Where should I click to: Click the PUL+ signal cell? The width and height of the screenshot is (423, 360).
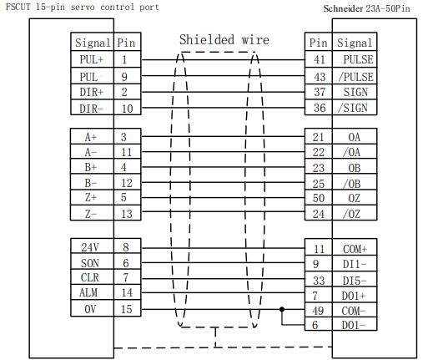point(92,59)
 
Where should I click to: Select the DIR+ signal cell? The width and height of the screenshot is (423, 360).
point(92,92)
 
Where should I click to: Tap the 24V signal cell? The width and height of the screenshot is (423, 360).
point(92,246)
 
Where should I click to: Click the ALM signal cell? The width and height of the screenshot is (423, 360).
point(92,292)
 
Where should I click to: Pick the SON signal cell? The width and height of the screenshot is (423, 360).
point(92,261)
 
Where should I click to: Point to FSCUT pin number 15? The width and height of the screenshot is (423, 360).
point(127,308)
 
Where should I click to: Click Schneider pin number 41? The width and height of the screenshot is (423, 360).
point(319,59)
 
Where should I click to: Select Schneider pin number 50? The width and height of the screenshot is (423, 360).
point(319,198)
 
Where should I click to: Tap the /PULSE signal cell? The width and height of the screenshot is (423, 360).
point(355,76)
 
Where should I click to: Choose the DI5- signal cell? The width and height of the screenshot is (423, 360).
point(355,279)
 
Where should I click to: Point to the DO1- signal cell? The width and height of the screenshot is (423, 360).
point(355,325)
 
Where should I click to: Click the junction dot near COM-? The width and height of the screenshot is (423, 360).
point(282,309)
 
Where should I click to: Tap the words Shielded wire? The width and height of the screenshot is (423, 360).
point(224,40)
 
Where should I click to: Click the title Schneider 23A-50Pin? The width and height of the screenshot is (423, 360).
point(366,8)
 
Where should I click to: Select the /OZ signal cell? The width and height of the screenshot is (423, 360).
point(355,213)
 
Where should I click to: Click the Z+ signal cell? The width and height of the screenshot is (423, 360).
point(92,198)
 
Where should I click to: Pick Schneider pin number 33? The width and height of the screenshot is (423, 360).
point(319,281)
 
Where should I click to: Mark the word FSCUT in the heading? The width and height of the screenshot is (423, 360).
point(18,7)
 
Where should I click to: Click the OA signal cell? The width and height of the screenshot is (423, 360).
point(355,136)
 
